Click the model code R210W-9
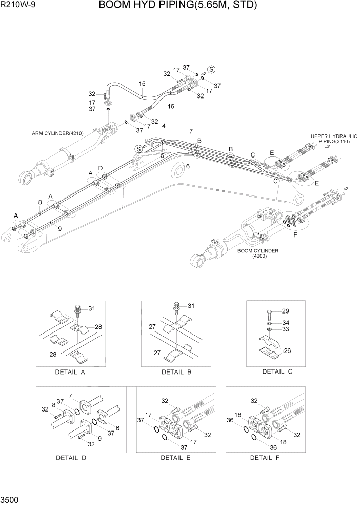click(x=16, y=6)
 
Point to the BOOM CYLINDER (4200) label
click(x=258, y=253)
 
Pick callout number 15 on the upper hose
click(x=142, y=84)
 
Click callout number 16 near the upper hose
click(x=171, y=106)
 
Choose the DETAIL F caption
click(x=265, y=458)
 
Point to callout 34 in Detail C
click(x=286, y=322)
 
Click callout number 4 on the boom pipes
click(x=164, y=126)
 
